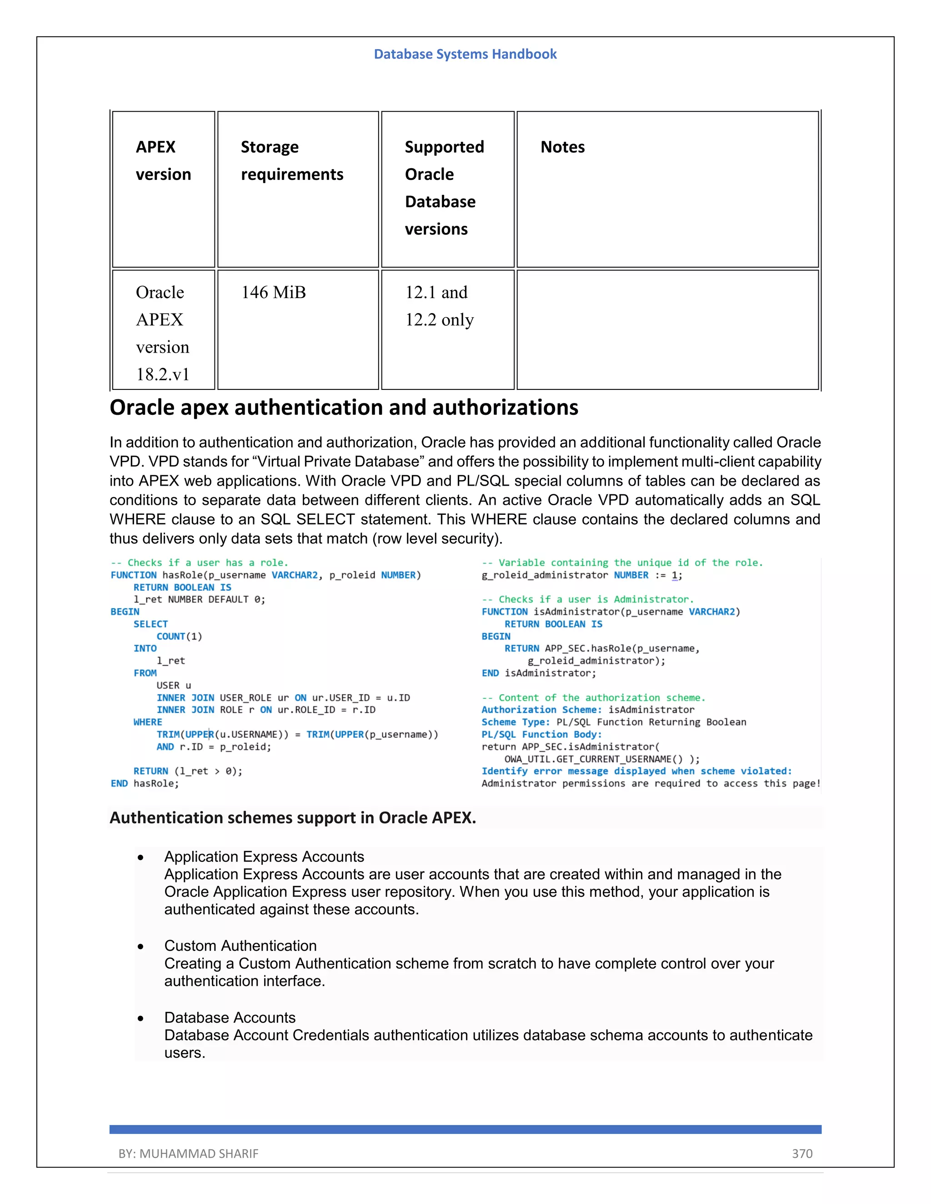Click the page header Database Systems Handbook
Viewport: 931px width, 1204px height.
[x=465, y=54]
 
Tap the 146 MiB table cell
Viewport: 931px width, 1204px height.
[x=274, y=292]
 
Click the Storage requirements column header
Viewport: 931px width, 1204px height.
[x=292, y=160]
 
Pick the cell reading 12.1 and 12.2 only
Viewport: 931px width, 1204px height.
[x=439, y=306]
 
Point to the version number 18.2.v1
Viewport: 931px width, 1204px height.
[x=163, y=374]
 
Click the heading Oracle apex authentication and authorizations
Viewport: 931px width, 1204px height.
[x=344, y=408]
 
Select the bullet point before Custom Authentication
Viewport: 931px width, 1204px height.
[x=140, y=946]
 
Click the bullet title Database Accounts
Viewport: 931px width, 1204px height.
[x=230, y=1018]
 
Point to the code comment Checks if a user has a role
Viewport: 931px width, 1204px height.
[x=200, y=563]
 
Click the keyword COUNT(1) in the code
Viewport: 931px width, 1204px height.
[x=179, y=636]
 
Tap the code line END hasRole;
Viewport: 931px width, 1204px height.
[x=145, y=783]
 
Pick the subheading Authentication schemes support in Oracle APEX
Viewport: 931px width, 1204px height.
[x=292, y=817]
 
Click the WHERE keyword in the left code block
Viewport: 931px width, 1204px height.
[x=148, y=722]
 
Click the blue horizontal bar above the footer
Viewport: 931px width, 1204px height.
[x=465, y=1129]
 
